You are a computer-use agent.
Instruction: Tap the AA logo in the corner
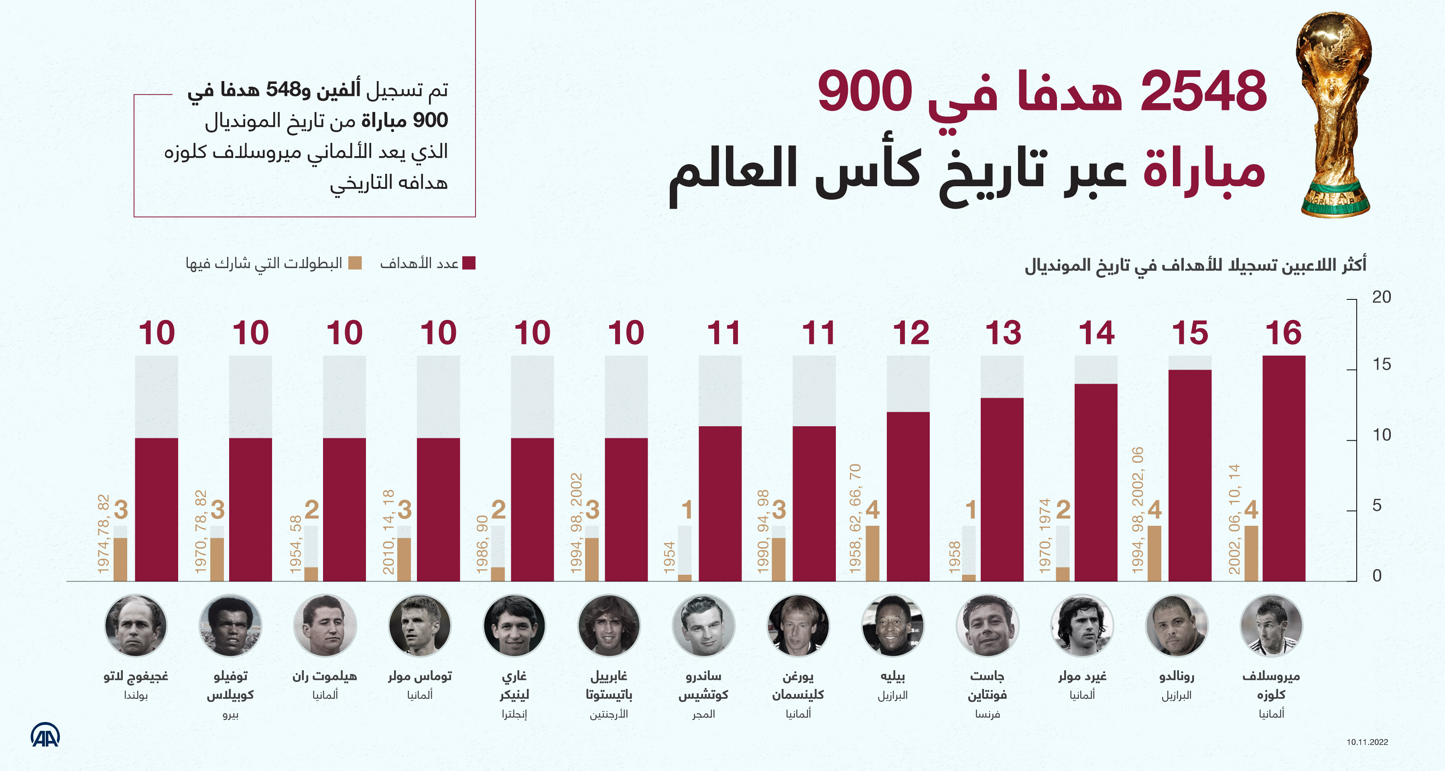(45, 735)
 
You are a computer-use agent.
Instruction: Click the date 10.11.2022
(1367, 742)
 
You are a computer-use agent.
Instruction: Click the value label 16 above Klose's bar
(1283, 333)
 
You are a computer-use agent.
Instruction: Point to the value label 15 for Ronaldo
(1190, 333)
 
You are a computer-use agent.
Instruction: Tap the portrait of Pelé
(892, 625)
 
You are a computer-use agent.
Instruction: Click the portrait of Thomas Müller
(420, 625)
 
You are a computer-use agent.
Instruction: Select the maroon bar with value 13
(1002, 489)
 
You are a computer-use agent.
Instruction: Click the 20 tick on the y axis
(1381, 297)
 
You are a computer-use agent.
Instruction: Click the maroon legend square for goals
(469, 263)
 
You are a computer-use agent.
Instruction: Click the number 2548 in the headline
(1203, 91)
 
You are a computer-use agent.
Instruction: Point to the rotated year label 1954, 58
(296, 544)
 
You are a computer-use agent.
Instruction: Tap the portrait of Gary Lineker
(514, 625)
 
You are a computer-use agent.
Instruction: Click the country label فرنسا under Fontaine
(987, 714)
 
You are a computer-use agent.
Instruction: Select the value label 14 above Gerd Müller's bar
(1096, 333)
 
